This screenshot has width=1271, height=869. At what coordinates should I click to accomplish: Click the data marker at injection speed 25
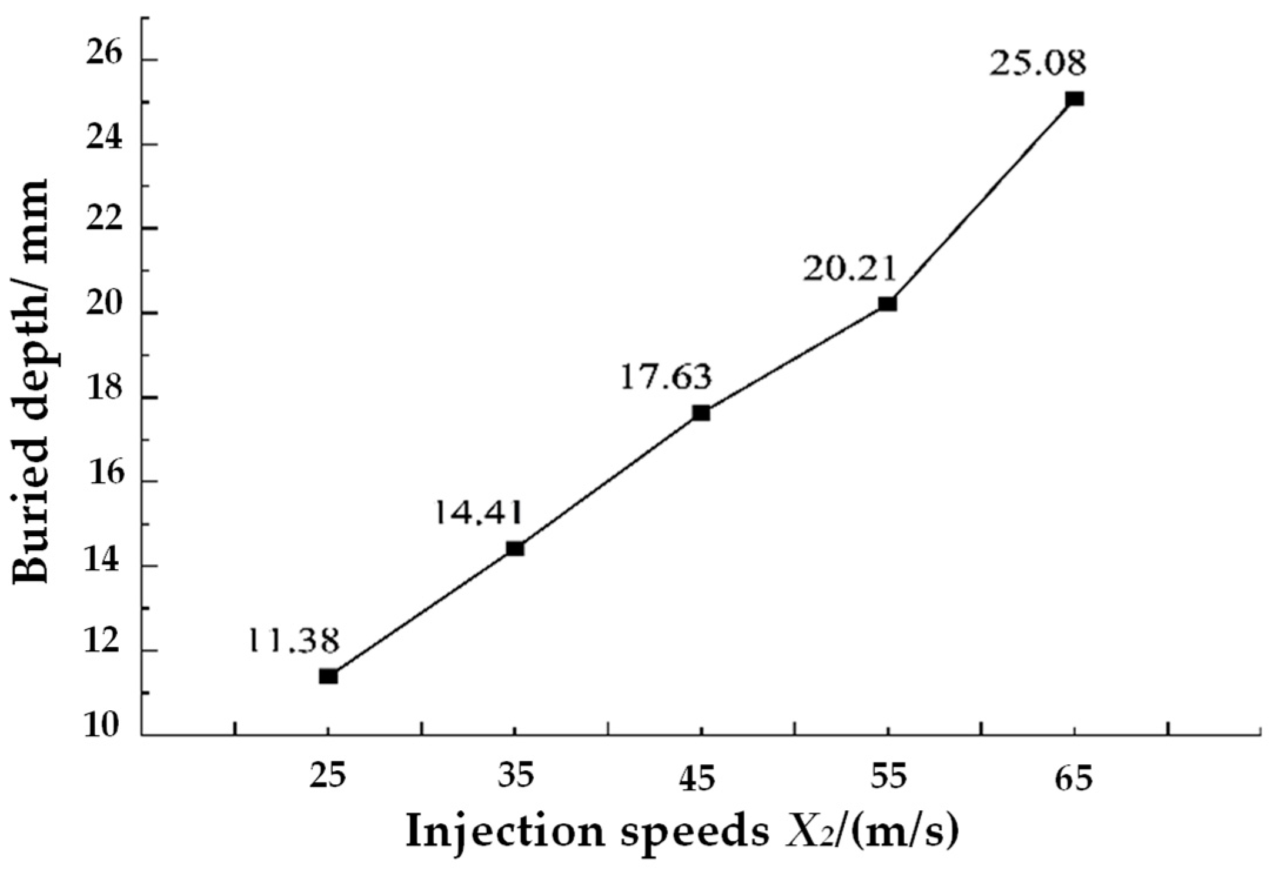[328, 676]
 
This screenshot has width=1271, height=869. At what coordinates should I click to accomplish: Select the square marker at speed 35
[515, 549]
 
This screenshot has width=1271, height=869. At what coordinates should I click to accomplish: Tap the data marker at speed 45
[701, 413]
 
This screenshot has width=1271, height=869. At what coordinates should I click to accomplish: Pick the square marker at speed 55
[887, 303]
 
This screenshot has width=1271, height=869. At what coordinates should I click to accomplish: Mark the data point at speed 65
[1075, 98]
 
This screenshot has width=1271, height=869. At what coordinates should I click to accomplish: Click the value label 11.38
[292, 641]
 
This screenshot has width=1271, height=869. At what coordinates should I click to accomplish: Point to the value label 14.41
[477, 513]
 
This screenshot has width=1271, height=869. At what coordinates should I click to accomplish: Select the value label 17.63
[665, 377]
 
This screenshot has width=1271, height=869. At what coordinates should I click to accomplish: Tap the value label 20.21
[850, 270]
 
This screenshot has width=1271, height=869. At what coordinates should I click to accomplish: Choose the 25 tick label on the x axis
[328, 778]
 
